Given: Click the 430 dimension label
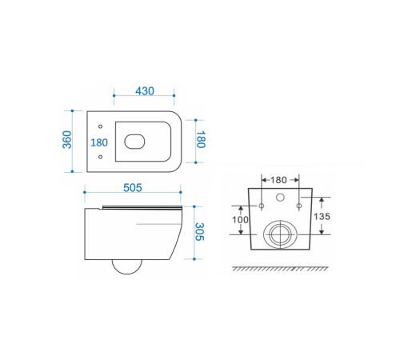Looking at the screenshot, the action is tap(145, 91).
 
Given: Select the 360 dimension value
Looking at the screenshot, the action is tap(67, 139).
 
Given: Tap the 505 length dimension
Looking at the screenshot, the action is tap(133, 188).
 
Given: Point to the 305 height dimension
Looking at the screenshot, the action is tap(199, 232).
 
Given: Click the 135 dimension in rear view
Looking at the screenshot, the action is tap(322, 216).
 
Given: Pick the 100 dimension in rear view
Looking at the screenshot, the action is tap(240, 220).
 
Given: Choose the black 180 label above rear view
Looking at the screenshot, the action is tap(278, 180).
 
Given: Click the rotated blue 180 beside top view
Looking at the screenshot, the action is tap(201, 139).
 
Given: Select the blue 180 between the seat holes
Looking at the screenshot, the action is tap(99, 142).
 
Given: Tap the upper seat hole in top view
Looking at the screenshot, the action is tap(100, 126).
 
